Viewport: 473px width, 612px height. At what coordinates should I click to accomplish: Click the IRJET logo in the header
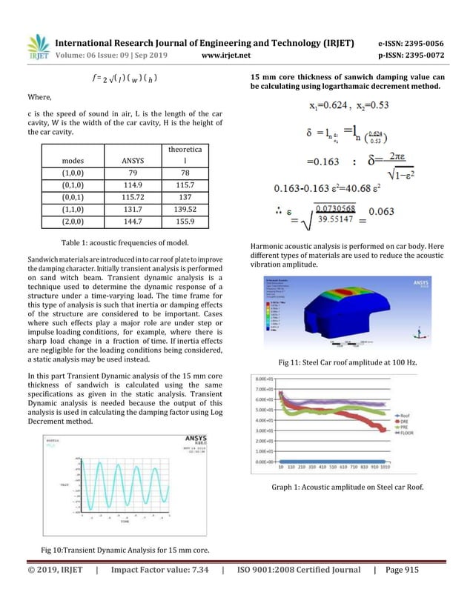point(38,46)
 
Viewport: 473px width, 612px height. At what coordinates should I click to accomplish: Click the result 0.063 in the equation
point(384,211)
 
